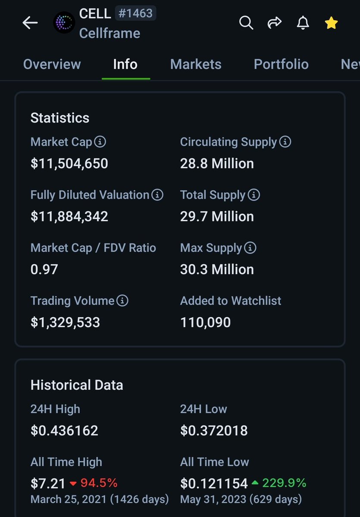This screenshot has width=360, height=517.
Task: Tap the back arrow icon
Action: click(x=30, y=23)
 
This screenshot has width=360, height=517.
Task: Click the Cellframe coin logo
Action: click(x=64, y=23)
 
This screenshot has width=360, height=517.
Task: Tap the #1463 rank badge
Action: click(x=135, y=13)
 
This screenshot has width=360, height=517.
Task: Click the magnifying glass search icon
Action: click(x=246, y=22)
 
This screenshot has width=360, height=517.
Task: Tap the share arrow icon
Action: click(x=275, y=22)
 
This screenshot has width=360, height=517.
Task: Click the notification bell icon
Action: click(x=303, y=22)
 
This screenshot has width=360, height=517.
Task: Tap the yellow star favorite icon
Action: click(x=331, y=23)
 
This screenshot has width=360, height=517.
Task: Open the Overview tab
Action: click(x=52, y=64)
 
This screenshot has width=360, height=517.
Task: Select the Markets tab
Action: click(x=196, y=64)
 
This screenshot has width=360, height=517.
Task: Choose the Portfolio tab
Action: click(x=281, y=64)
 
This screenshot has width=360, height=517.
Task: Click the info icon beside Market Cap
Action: click(x=100, y=142)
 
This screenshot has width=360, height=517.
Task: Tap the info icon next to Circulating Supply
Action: click(x=285, y=142)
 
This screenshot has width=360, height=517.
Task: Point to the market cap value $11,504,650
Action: click(x=69, y=164)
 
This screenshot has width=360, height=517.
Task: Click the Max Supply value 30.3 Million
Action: click(x=217, y=270)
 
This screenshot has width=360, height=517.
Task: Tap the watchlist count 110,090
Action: click(x=205, y=322)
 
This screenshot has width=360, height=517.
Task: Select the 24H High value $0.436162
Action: click(x=64, y=430)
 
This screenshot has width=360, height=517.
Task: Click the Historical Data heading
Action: click(x=77, y=385)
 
